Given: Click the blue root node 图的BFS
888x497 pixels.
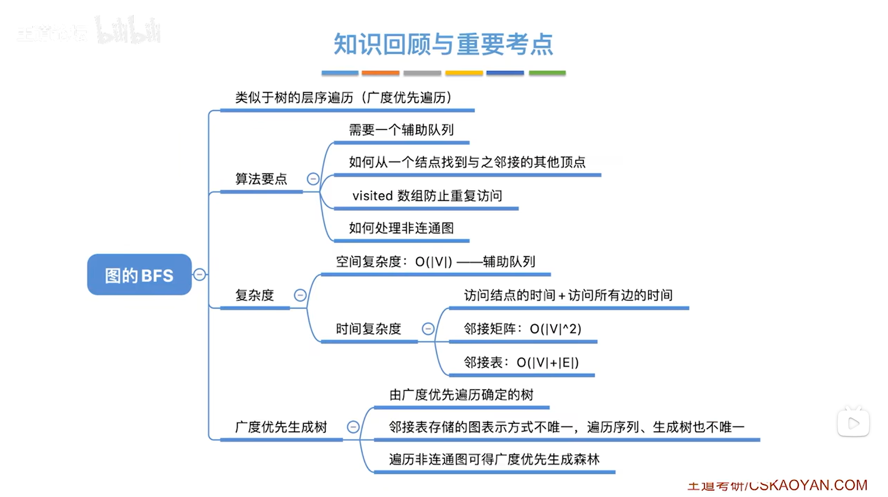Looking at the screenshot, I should coord(139,275).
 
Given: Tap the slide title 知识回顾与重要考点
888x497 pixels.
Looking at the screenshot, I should coord(443,44).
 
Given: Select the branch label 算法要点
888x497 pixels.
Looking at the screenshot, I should coord(261,179).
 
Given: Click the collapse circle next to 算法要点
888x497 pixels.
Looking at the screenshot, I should coord(313,179).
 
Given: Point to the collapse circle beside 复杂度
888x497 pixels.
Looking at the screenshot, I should coord(300,295).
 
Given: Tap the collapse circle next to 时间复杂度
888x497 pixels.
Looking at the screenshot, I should coord(428,329).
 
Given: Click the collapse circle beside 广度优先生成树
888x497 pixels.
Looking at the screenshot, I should coord(353,427).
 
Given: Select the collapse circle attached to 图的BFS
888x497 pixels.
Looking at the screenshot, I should coord(200,274).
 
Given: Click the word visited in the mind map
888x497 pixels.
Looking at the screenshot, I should coord(372,196).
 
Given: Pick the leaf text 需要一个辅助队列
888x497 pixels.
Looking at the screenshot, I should coord(401,130).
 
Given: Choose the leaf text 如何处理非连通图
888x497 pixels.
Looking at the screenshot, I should coord(401,228).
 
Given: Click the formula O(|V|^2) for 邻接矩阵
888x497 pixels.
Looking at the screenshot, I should coord(555,329).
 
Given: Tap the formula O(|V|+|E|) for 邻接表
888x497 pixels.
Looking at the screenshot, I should coord(547,363).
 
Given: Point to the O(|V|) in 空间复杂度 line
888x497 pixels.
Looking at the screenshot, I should coord(434,262).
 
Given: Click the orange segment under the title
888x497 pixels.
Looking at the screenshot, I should coord(380,73).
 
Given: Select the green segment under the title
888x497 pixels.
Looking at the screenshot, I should coord(547,73).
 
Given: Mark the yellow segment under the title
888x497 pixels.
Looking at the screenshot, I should coord(464,73).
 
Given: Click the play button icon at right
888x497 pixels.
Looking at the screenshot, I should coord(853,423).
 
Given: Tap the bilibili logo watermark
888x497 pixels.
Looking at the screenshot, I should coord(128,31).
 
